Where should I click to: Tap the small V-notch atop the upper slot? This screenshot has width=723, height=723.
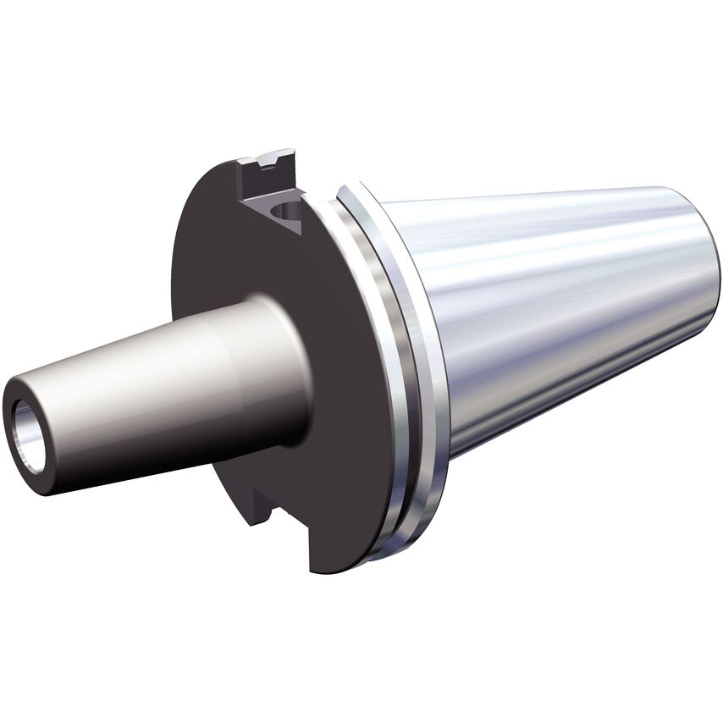point(273,158)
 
